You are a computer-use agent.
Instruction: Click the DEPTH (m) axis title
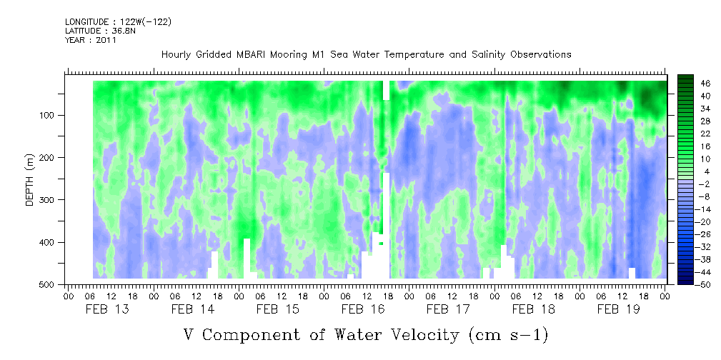tap(30, 179)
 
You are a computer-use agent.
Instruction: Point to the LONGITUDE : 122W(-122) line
tap(119, 21)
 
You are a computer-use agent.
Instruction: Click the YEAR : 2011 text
tap(91, 39)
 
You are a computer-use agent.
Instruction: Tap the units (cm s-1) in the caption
tap(508, 335)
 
